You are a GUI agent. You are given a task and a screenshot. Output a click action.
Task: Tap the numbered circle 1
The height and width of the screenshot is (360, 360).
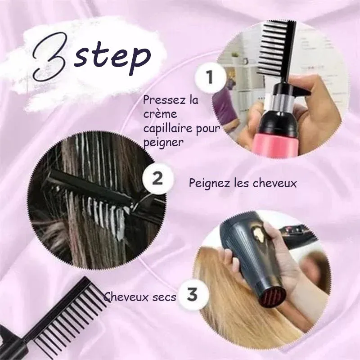point(210,77)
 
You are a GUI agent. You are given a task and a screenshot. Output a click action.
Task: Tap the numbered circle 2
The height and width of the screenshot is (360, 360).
point(157,179)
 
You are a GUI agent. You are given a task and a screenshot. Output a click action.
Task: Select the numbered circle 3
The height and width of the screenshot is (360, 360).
point(192,294)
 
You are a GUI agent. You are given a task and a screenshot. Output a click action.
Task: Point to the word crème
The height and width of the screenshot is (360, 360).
point(160,114)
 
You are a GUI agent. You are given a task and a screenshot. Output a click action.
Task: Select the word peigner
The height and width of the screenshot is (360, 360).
point(163,143)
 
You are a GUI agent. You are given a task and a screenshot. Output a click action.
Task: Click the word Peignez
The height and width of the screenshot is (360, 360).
point(208,184)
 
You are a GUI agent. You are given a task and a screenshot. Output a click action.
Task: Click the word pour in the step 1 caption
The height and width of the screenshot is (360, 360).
point(208,129)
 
